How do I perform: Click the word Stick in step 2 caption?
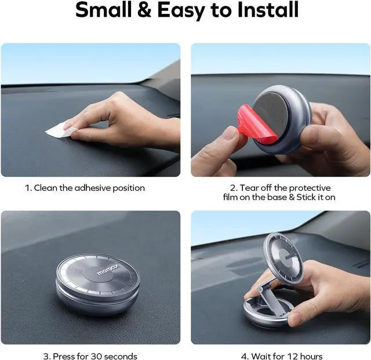click(x=305, y=197)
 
